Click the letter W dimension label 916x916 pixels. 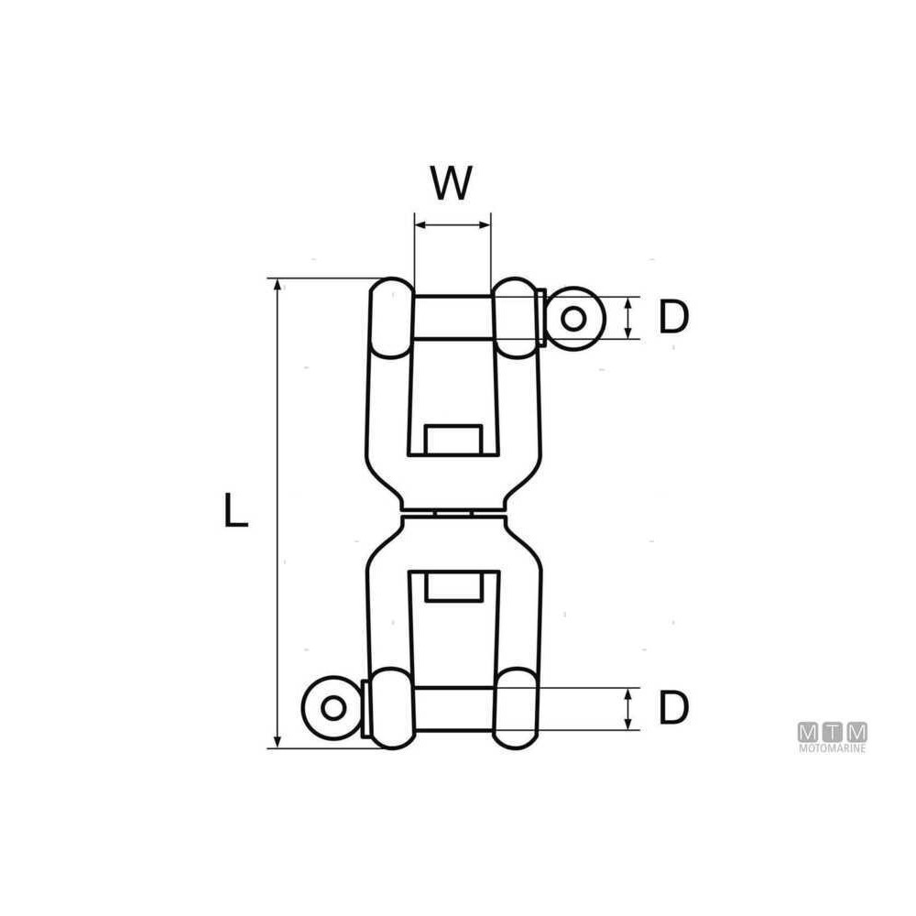[451, 183]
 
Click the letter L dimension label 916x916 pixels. [236, 510]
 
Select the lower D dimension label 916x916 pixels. [673, 707]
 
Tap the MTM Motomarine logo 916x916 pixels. [832, 737]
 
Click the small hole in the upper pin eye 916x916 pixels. [573, 319]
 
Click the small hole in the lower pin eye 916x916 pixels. [333, 708]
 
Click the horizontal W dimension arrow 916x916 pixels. [453, 225]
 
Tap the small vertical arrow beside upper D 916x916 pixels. [628, 319]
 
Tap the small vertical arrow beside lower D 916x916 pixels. [628, 709]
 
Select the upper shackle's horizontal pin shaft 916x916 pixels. [453, 319]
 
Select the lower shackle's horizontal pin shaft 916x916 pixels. [453, 709]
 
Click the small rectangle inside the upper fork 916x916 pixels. [453, 440]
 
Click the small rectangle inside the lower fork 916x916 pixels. [453, 586]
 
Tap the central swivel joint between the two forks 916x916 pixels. [453, 513]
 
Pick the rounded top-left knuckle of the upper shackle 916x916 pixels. [391, 318]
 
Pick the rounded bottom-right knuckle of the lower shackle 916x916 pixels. [515, 709]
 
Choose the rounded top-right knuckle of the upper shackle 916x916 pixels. [515, 318]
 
